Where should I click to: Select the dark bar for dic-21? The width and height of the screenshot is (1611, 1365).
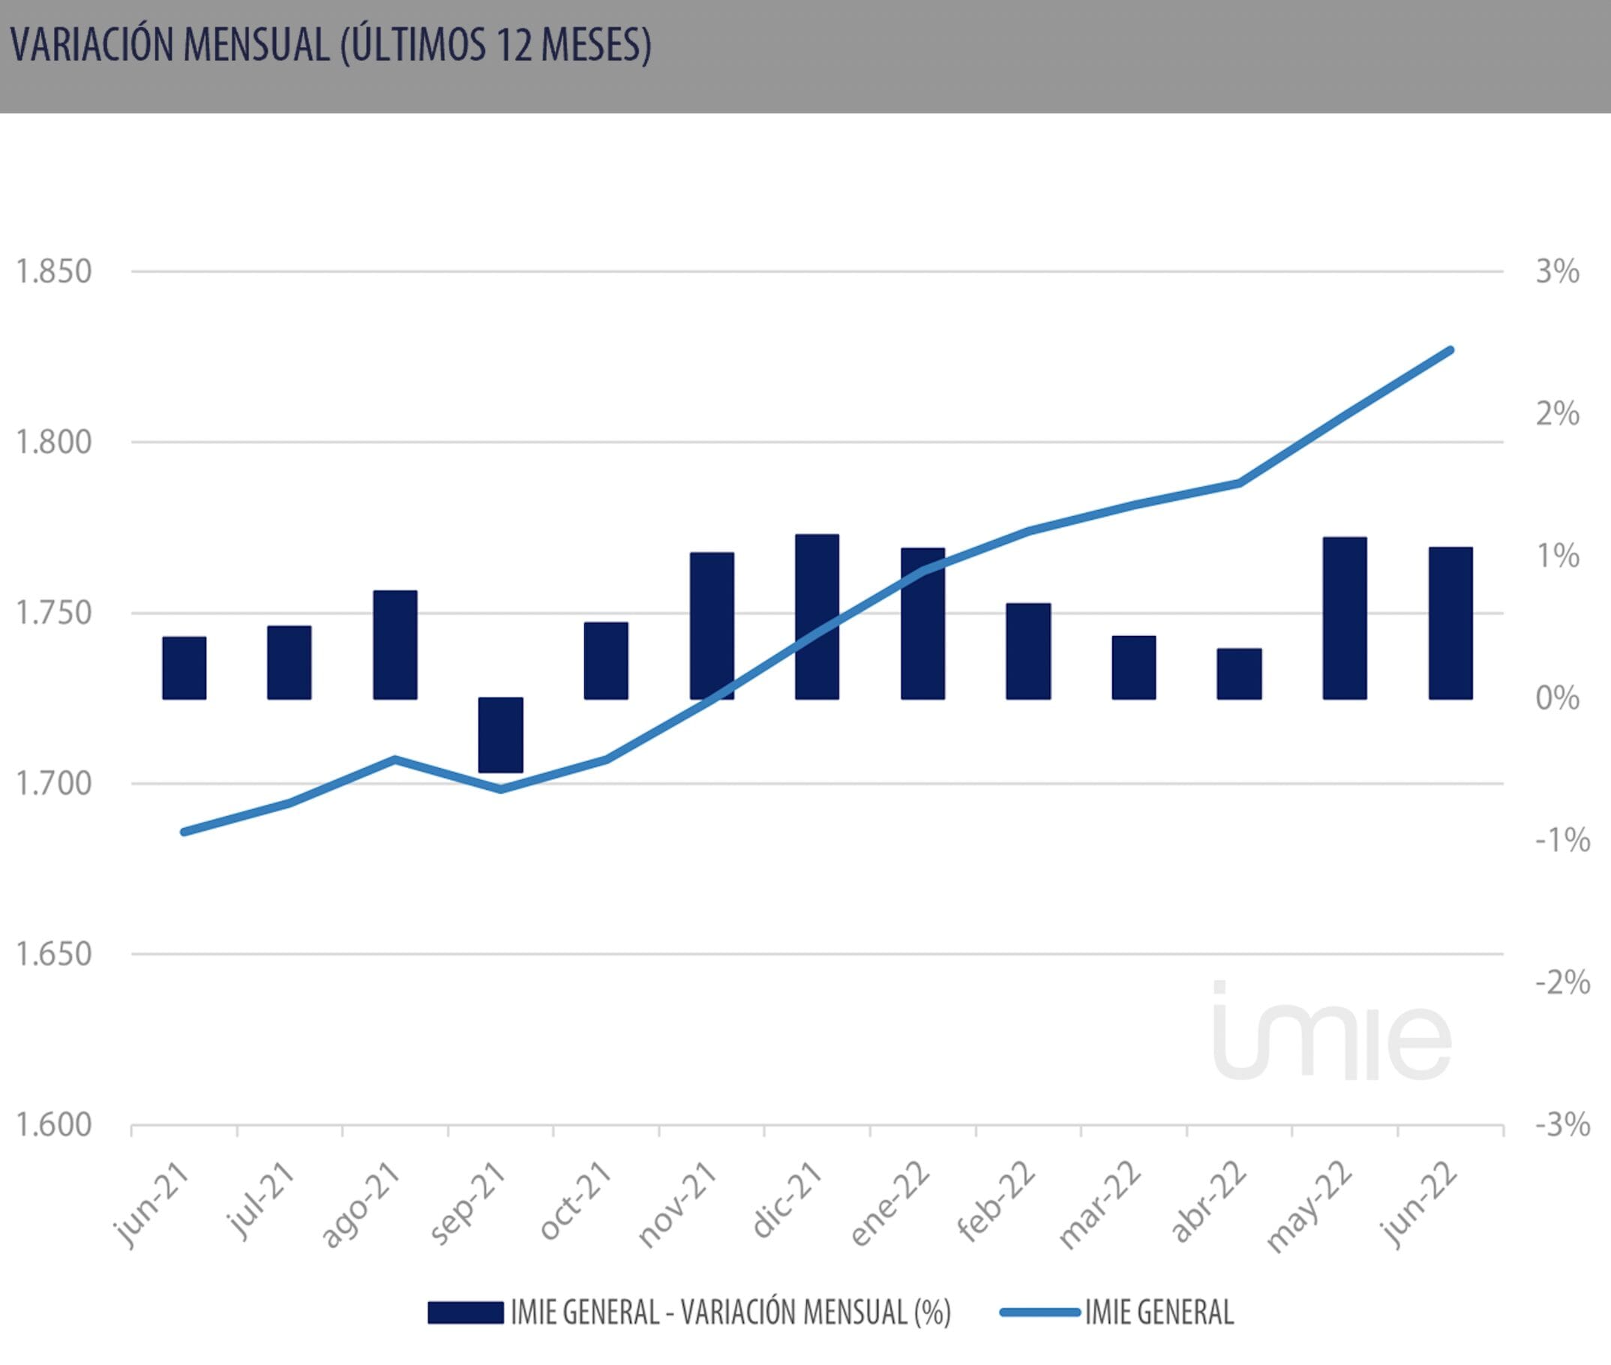[x=817, y=616]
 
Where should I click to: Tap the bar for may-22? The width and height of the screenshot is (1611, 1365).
[x=1345, y=618]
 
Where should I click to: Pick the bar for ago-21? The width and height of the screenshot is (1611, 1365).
[x=394, y=644]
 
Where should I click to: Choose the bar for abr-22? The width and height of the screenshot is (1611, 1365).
[x=1239, y=673]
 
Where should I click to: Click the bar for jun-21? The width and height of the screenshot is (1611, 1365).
[x=184, y=667]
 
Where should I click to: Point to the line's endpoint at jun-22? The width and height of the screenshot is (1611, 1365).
[x=1450, y=350]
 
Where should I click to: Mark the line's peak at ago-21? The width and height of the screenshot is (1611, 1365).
[x=394, y=759]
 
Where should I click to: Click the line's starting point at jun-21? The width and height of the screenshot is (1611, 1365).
[x=184, y=832]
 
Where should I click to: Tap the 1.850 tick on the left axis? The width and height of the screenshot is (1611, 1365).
[x=53, y=271]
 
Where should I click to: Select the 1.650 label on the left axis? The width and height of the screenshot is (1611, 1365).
[x=53, y=954]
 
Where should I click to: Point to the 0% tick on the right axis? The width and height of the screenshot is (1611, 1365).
[x=1557, y=698]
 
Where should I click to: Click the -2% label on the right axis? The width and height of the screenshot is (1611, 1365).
[x=1561, y=982]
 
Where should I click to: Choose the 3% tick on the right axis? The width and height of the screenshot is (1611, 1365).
[x=1557, y=271]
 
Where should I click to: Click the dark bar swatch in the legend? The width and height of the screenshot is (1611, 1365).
[x=466, y=1312]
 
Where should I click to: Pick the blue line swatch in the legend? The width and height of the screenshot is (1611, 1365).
[x=1039, y=1312]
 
